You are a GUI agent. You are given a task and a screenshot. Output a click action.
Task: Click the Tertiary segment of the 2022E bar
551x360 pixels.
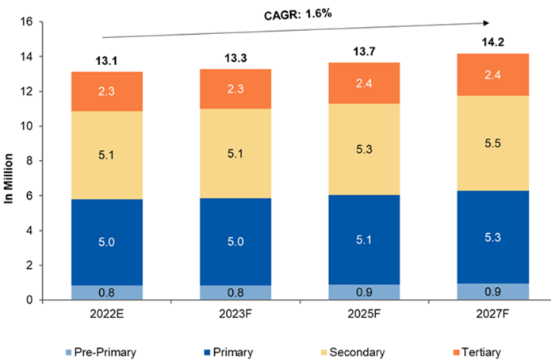(107, 91)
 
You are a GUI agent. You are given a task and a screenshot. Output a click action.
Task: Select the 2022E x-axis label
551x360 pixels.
(107, 314)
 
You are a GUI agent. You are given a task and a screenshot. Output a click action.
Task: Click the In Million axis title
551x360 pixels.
(11, 161)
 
